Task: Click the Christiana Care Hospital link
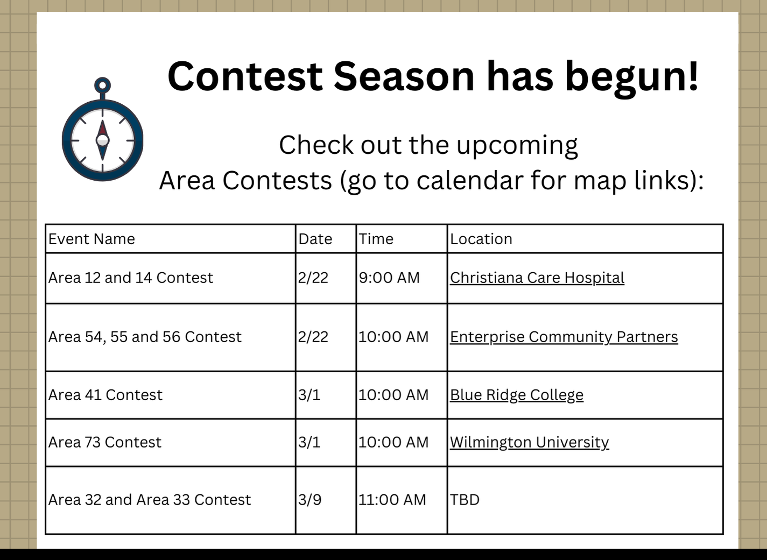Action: pos(537,278)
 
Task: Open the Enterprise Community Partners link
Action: pos(564,337)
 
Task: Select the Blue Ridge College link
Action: pos(516,395)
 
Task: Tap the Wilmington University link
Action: pos(529,442)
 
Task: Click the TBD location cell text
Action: pos(465,500)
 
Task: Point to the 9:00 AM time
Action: pos(389,278)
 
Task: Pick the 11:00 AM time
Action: pos(392,500)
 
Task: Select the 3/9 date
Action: pos(309,500)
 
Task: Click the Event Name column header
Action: pos(92,239)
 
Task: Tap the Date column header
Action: pos(315,239)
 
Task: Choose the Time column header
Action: pos(376,239)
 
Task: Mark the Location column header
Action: pos(481,239)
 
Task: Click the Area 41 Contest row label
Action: pos(105,395)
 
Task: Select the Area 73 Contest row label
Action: pos(104,442)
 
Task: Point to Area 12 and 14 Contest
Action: pos(130,278)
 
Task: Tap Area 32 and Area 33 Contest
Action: pos(149,500)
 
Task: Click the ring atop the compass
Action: pos(102,79)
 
